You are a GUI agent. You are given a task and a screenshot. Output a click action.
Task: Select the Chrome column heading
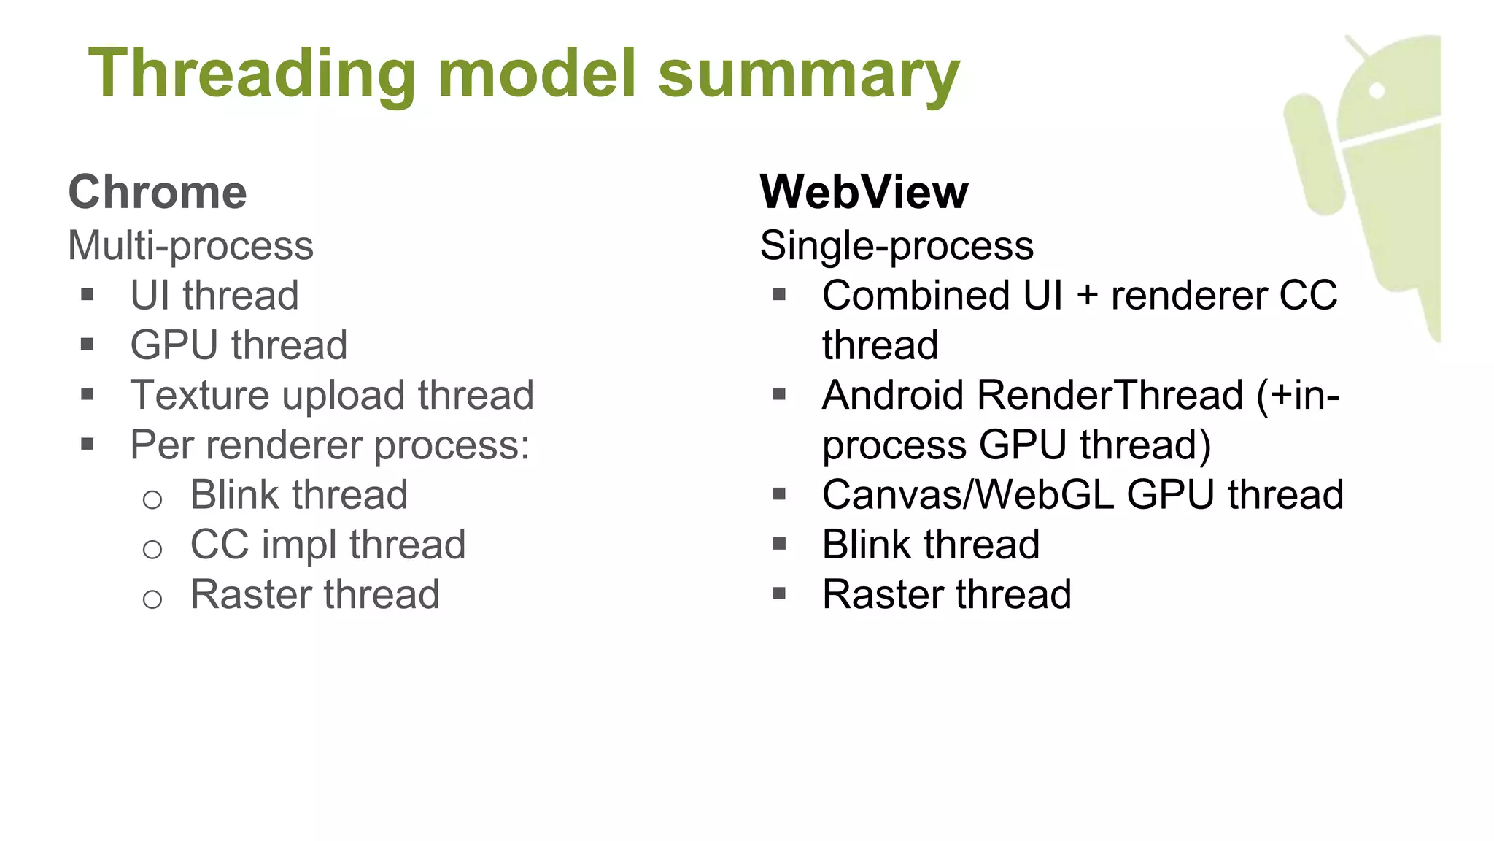click(158, 192)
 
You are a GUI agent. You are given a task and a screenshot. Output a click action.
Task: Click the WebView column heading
click(864, 192)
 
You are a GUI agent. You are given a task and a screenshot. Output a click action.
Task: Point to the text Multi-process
click(190, 245)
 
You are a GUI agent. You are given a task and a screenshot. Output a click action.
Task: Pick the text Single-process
click(897, 245)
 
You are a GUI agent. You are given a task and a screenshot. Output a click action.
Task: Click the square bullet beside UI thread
click(88, 295)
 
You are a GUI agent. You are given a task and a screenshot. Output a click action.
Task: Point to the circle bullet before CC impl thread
click(152, 549)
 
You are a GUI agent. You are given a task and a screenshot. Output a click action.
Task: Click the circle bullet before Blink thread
click(152, 499)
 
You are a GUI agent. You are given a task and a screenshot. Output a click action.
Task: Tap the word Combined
click(916, 295)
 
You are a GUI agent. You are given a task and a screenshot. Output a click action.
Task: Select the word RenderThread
click(1110, 395)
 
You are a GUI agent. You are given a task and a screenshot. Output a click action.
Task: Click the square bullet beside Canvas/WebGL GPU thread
click(779, 494)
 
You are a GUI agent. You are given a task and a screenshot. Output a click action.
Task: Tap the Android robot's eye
click(1377, 91)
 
